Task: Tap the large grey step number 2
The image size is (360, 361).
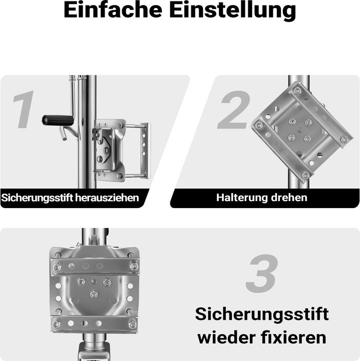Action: [232, 110]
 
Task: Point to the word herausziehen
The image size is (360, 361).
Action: [107, 198]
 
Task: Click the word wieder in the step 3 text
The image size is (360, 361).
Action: [223, 337]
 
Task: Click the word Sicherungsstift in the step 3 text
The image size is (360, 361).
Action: [261, 315]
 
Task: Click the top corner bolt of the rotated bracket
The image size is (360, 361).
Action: [297, 90]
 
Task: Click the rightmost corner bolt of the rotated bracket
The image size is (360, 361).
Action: [343, 139]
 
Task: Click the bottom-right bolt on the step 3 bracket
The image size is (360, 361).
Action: [132, 324]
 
